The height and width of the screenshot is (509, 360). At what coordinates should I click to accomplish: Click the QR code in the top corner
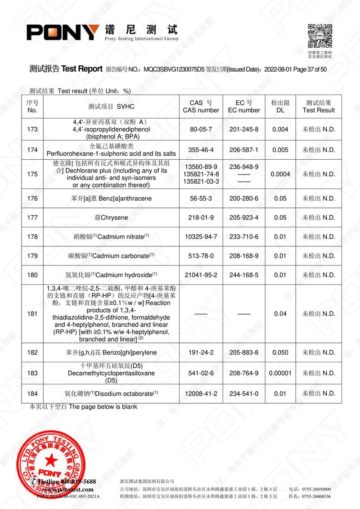click(x=320, y=36)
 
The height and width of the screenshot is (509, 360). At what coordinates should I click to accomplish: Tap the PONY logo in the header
click(x=63, y=32)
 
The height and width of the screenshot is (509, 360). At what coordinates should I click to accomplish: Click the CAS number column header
click(x=201, y=106)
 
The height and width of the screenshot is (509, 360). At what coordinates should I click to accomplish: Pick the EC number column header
click(x=244, y=106)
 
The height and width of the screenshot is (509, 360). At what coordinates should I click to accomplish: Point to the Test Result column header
click(x=319, y=106)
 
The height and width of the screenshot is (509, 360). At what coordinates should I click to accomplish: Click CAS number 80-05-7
click(x=201, y=130)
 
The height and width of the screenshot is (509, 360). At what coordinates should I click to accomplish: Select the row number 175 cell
click(x=32, y=174)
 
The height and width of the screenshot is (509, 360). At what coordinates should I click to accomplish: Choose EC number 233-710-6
click(x=244, y=237)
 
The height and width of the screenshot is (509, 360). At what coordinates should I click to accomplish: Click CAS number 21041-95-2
click(x=201, y=275)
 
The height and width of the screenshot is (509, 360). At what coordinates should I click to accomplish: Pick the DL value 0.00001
click(x=280, y=373)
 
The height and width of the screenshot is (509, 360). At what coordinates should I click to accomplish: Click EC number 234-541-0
click(x=244, y=394)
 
